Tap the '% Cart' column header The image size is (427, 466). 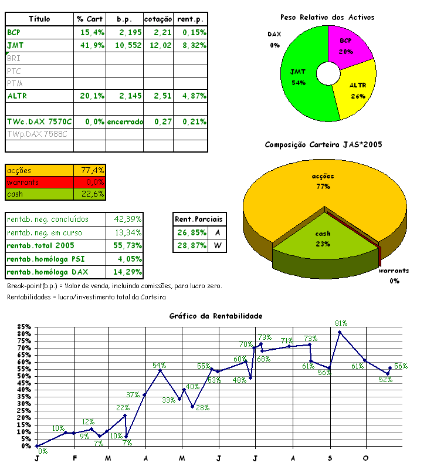pos(90,19)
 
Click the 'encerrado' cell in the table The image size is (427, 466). pos(124,121)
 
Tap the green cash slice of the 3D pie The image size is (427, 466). pos(323,238)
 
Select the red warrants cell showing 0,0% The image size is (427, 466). pos(90,183)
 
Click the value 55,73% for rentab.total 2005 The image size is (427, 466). pos(128,245)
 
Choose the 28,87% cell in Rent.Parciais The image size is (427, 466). pos(191,245)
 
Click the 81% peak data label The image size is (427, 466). pos(341,323)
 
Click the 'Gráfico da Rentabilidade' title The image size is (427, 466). pos(216,316)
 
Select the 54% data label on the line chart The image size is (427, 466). pos(160,365)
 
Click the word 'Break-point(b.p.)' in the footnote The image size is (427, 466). pos(32,286)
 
